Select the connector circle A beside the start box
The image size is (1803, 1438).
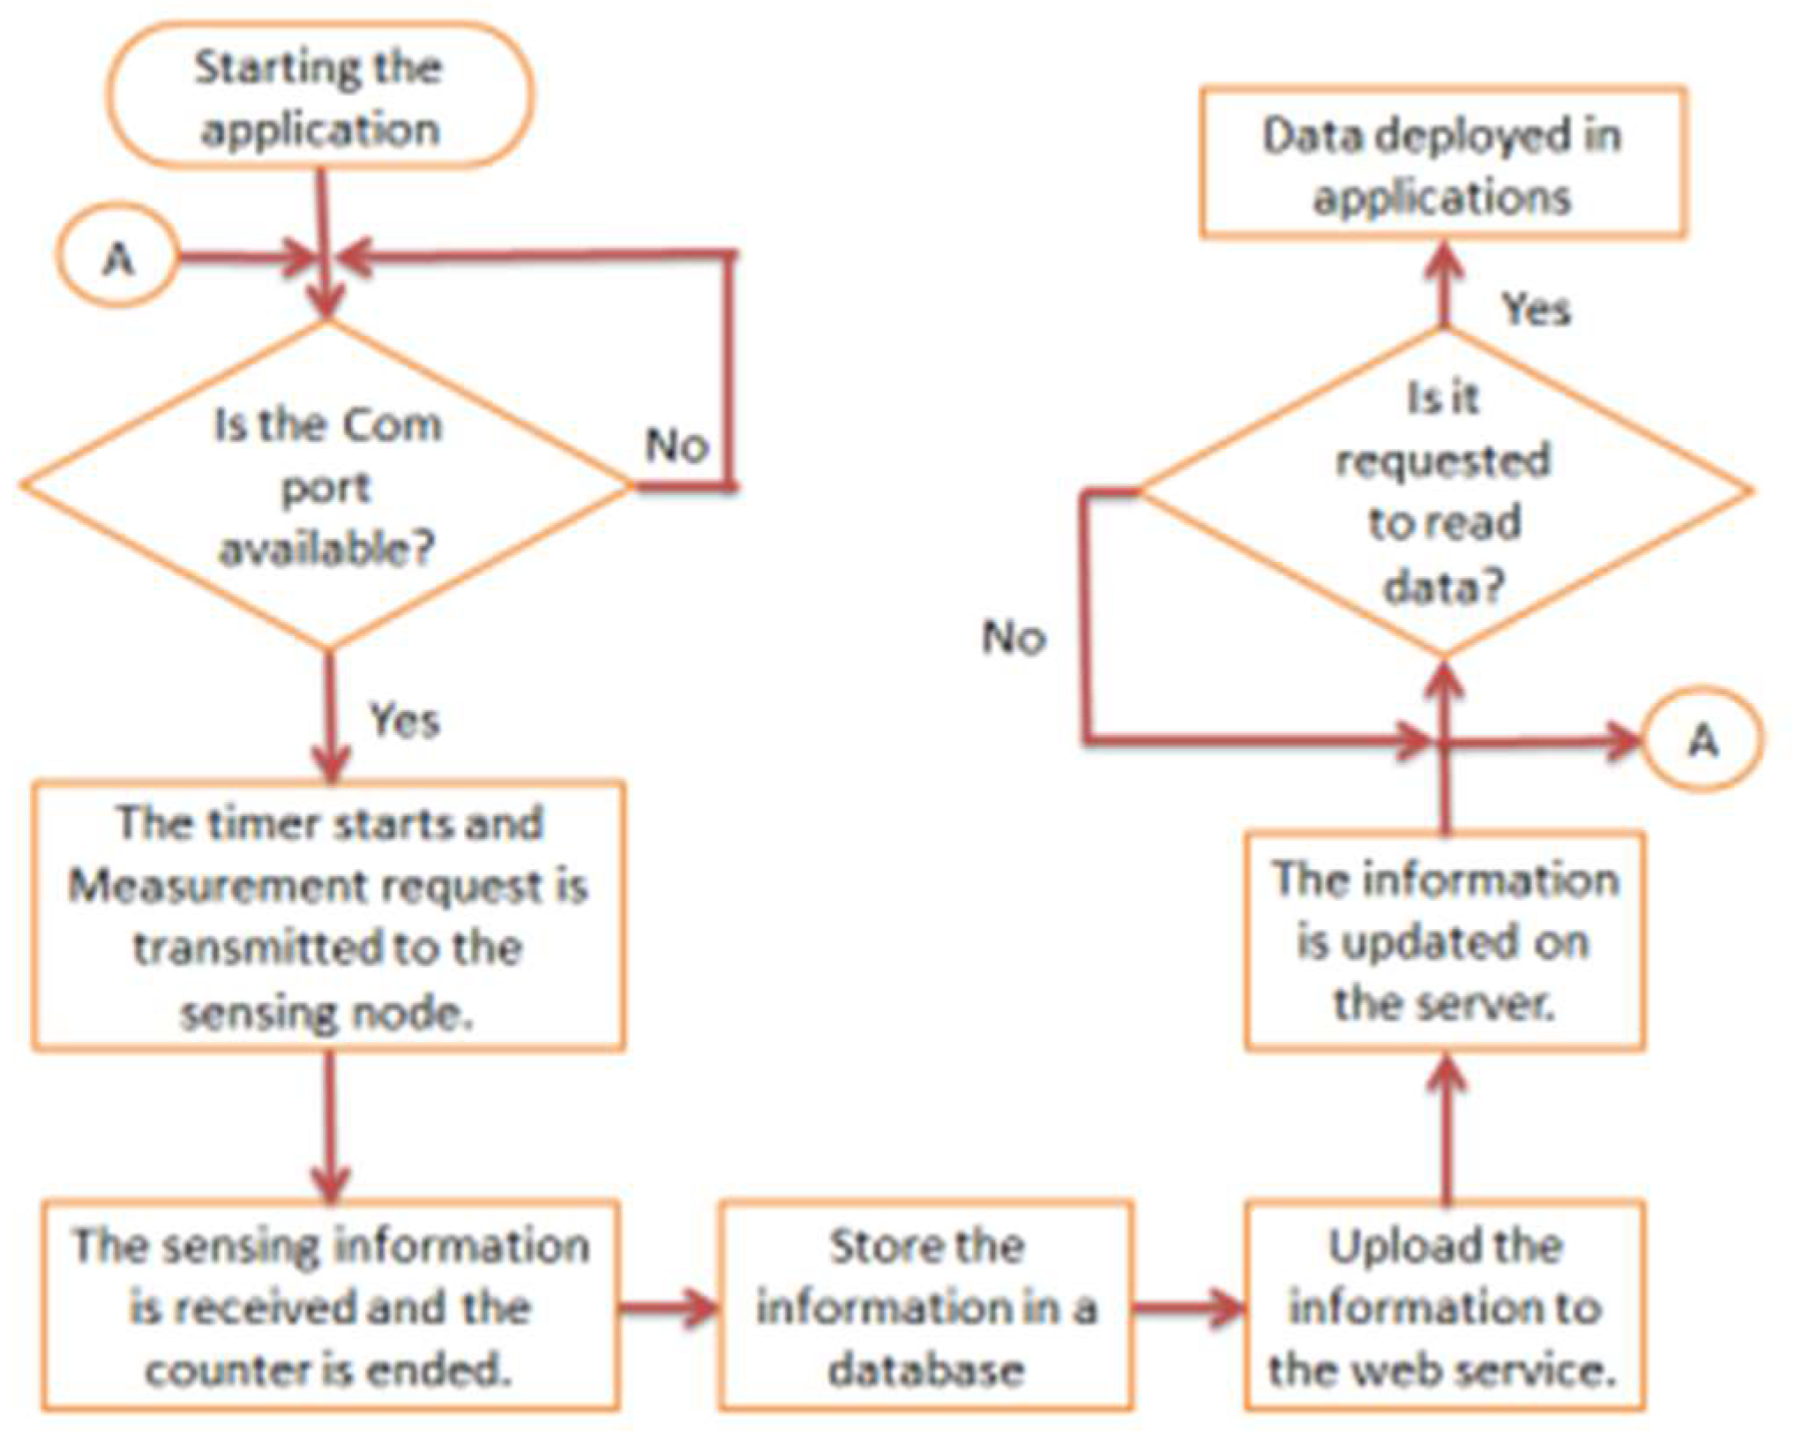click(117, 258)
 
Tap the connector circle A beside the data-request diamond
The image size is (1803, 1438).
click(1702, 739)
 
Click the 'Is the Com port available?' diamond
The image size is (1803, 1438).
click(326, 486)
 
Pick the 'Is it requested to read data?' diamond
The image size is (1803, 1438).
click(1444, 491)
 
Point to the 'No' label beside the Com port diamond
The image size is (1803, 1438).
click(677, 446)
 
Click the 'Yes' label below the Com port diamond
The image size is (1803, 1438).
click(404, 720)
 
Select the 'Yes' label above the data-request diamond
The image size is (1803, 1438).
click(1536, 310)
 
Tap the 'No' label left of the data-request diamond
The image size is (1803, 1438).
click(1014, 637)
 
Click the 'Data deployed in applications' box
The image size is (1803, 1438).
click(1442, 164)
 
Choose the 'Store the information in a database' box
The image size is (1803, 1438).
click(925, 1307)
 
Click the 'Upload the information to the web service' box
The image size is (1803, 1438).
click(1444, 1307)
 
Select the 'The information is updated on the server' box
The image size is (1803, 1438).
click(1444, 941)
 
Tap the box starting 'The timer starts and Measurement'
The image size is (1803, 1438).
click(328, 916)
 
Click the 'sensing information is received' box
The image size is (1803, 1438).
click(330, 1307)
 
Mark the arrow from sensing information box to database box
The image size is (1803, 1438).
click(669, 1307)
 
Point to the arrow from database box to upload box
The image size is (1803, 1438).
click(1189, 1307)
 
